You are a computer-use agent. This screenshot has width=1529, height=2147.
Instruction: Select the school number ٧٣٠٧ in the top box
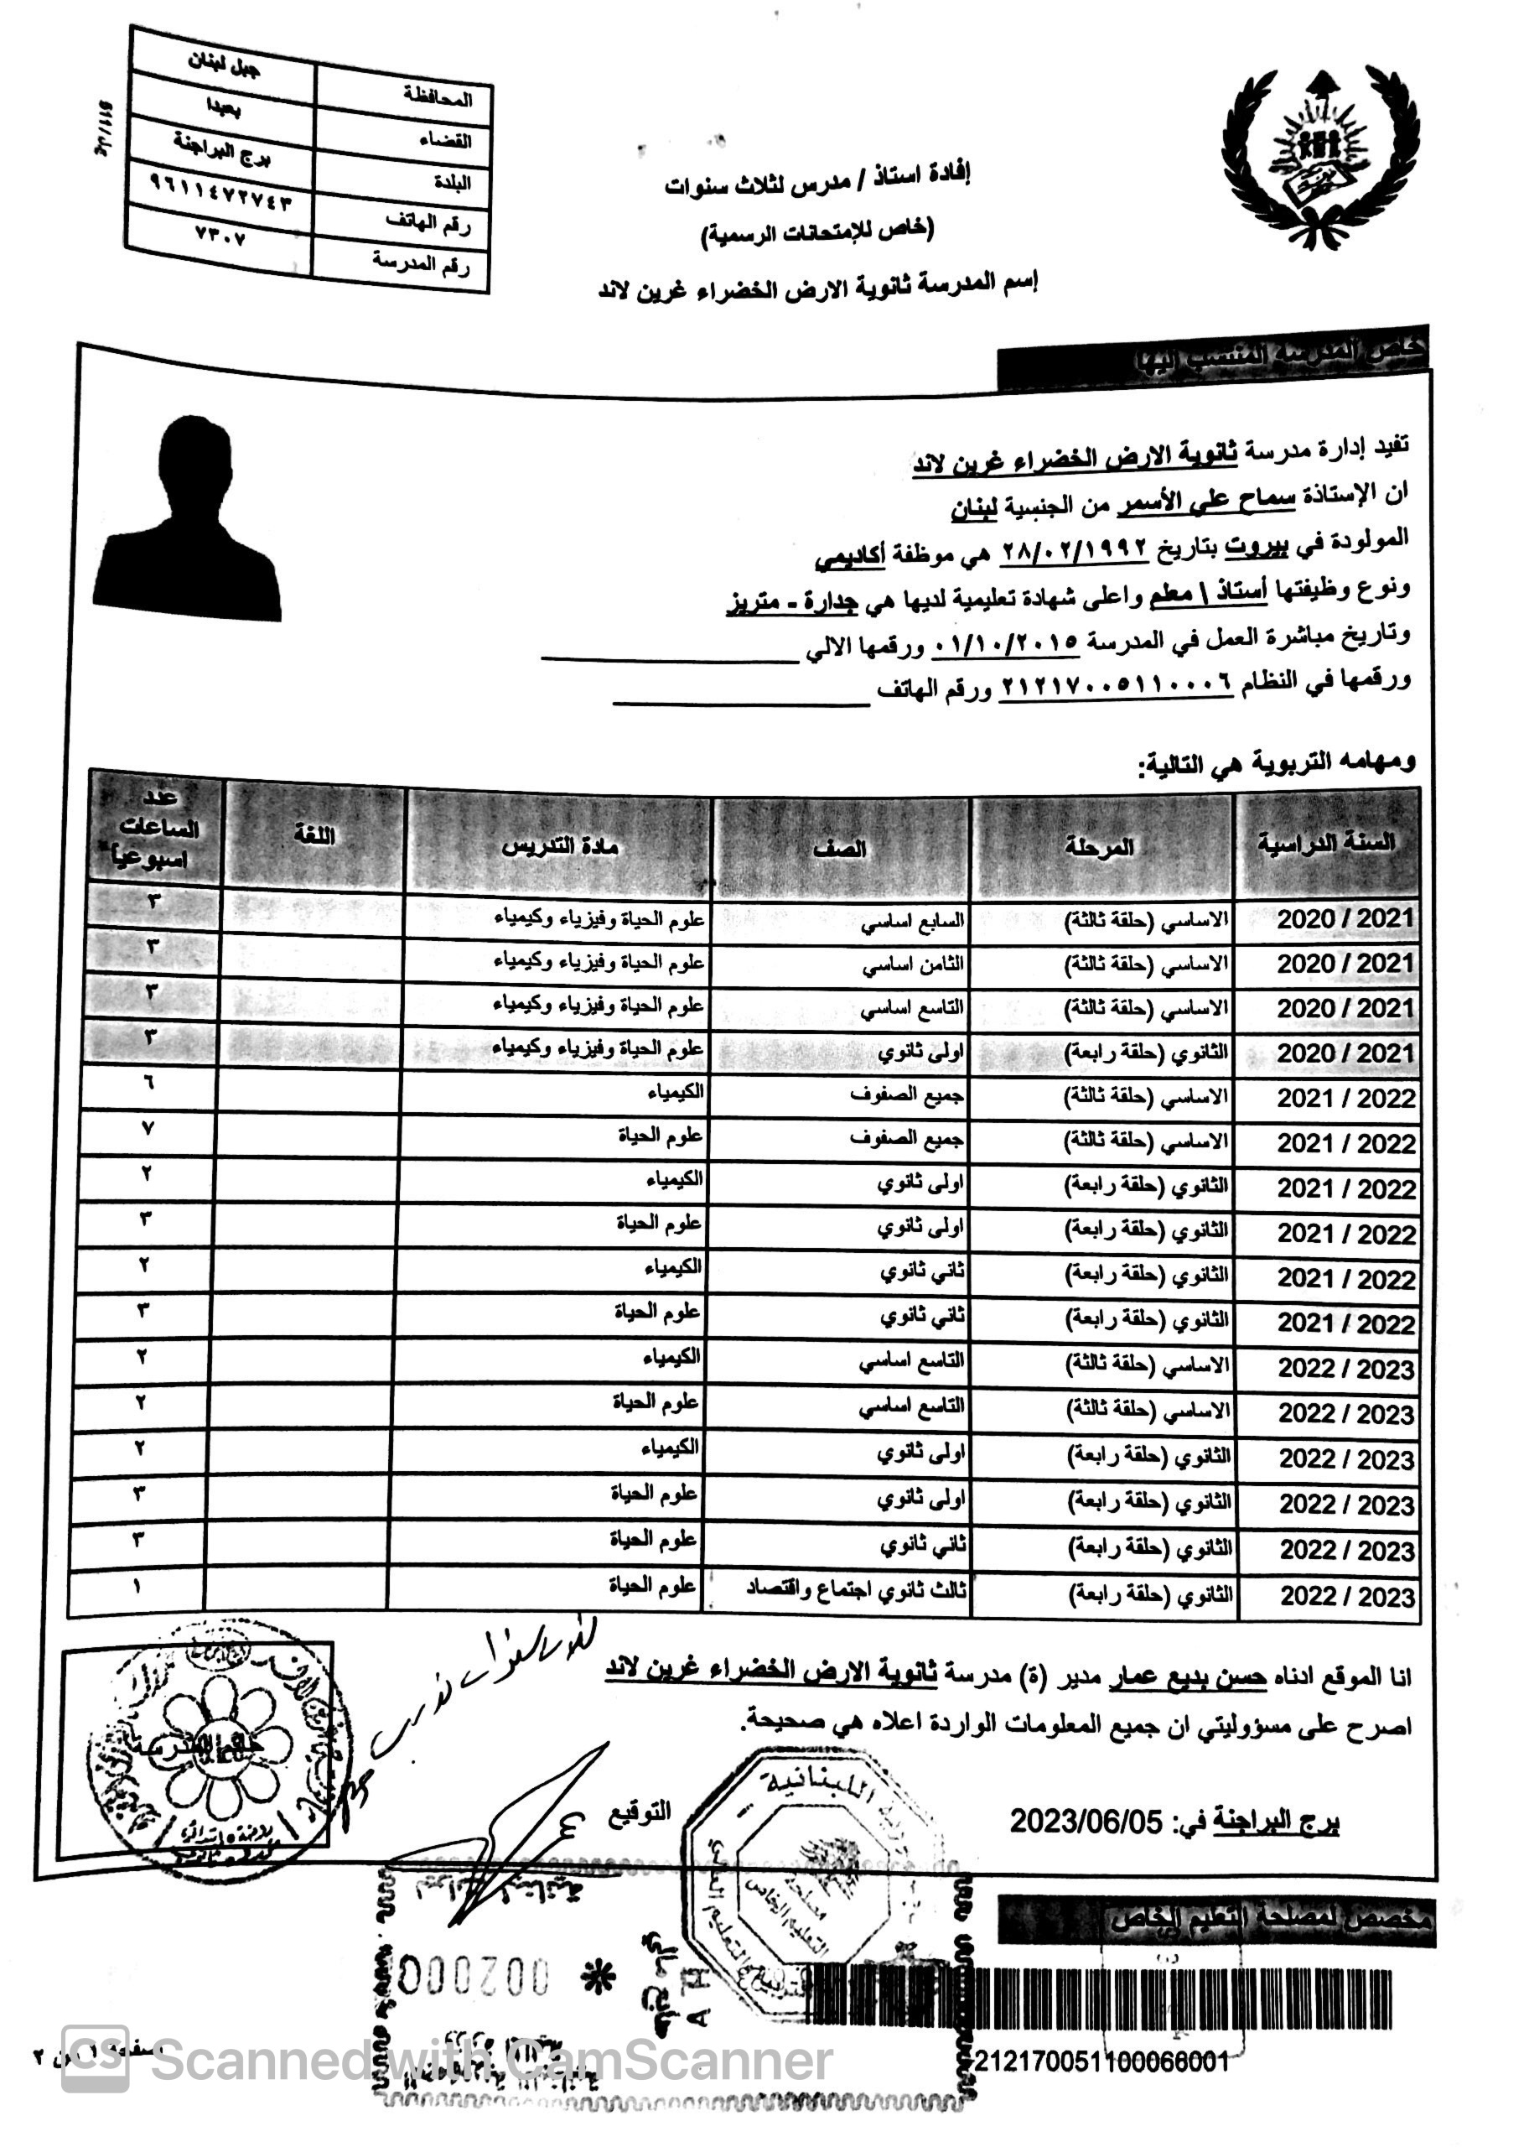point(220,236)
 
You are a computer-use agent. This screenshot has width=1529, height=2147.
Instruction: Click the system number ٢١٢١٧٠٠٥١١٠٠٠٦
point(1115,685)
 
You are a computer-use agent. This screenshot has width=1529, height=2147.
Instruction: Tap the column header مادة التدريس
point(559,845)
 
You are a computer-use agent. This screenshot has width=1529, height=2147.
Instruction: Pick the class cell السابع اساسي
point(912,921)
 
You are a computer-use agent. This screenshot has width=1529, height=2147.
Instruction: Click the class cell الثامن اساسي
point(913,965)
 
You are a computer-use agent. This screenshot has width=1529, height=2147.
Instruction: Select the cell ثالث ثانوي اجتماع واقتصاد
point(856,1589)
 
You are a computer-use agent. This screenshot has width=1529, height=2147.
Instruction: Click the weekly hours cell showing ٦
point(148,1083)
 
